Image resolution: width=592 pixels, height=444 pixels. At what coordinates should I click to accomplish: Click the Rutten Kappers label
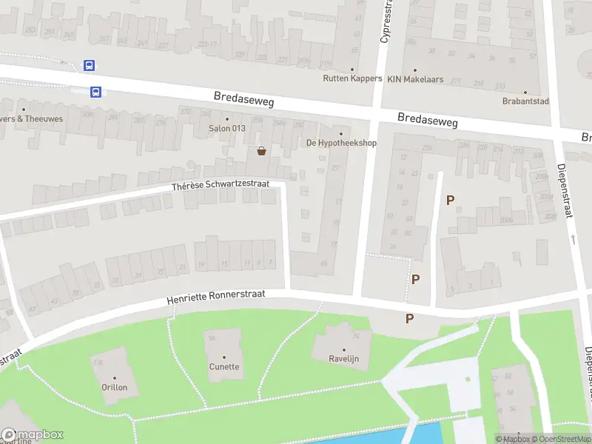352,78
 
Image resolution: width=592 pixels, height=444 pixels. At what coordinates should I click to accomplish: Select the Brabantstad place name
525,101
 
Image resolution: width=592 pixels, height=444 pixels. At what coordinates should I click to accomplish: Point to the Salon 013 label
227,128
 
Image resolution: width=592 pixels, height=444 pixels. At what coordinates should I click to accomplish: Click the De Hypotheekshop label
341,143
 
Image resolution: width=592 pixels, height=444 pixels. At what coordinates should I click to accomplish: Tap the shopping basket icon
261,151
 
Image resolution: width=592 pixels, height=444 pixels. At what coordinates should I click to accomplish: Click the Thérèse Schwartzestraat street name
221,185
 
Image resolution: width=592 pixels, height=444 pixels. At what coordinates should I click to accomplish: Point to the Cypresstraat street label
384,22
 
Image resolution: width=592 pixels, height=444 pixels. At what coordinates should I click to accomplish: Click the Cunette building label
223,366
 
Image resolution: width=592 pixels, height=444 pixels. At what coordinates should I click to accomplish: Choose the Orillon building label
115,387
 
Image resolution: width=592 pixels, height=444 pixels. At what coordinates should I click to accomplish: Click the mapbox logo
33,435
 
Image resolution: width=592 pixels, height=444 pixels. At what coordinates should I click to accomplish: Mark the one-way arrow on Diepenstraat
573,239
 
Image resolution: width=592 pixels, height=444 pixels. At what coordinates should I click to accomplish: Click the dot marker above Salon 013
227,118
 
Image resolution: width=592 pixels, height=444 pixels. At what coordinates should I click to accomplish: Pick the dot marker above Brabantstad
525,92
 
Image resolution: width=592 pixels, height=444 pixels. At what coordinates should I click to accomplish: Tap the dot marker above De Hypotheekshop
341,134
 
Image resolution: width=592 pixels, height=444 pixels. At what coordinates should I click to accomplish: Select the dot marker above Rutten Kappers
352,69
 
